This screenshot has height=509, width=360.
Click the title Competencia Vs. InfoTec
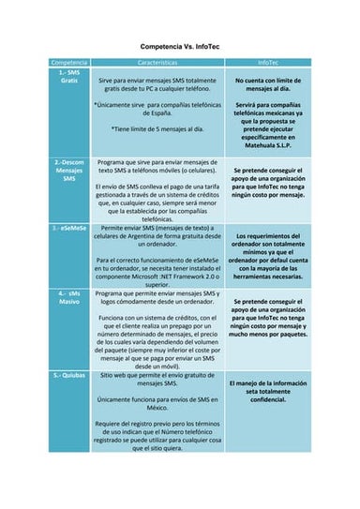point(179,46)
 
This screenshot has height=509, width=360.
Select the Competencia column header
point(68,62)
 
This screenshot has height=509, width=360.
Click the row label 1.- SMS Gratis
point(68,77)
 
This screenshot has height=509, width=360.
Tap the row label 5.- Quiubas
point(68,374)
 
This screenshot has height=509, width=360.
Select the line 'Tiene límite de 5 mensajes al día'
point(157,128)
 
